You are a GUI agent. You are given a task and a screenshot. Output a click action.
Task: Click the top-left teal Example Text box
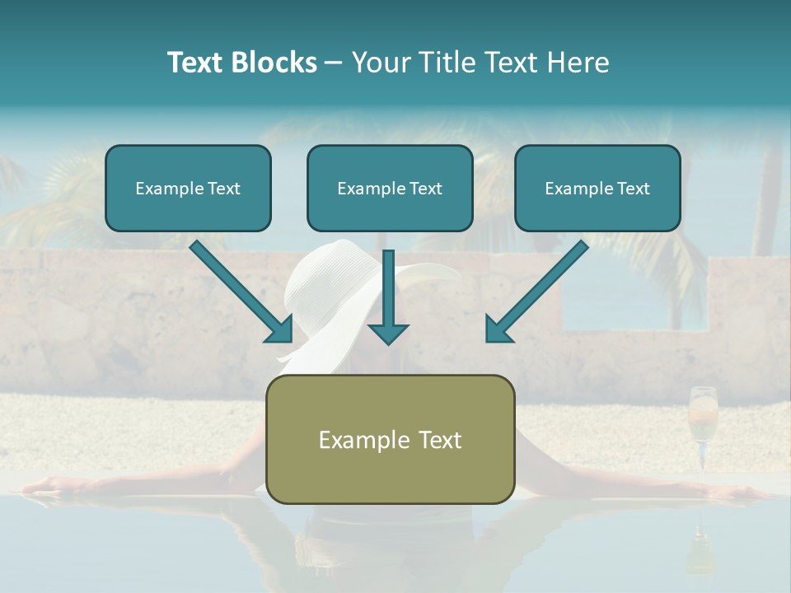pyautogui.click(x=188, y=188)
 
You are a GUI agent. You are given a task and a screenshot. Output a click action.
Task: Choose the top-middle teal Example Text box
pyautogui.click(x=390, y=188)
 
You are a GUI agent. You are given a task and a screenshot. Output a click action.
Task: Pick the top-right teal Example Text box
pyautogui.click(x=597, y=188)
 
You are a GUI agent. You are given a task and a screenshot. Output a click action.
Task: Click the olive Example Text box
pyautogui.click(x=390, y=439)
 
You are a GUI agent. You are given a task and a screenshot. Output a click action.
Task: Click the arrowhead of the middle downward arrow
pyautogui.click(x=388, y=332)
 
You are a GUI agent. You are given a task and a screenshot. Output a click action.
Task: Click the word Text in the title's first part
pyautogui.click(x=196, y=63)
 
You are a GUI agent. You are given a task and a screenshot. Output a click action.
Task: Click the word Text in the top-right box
pyautogui.click(x=633, y=188)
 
